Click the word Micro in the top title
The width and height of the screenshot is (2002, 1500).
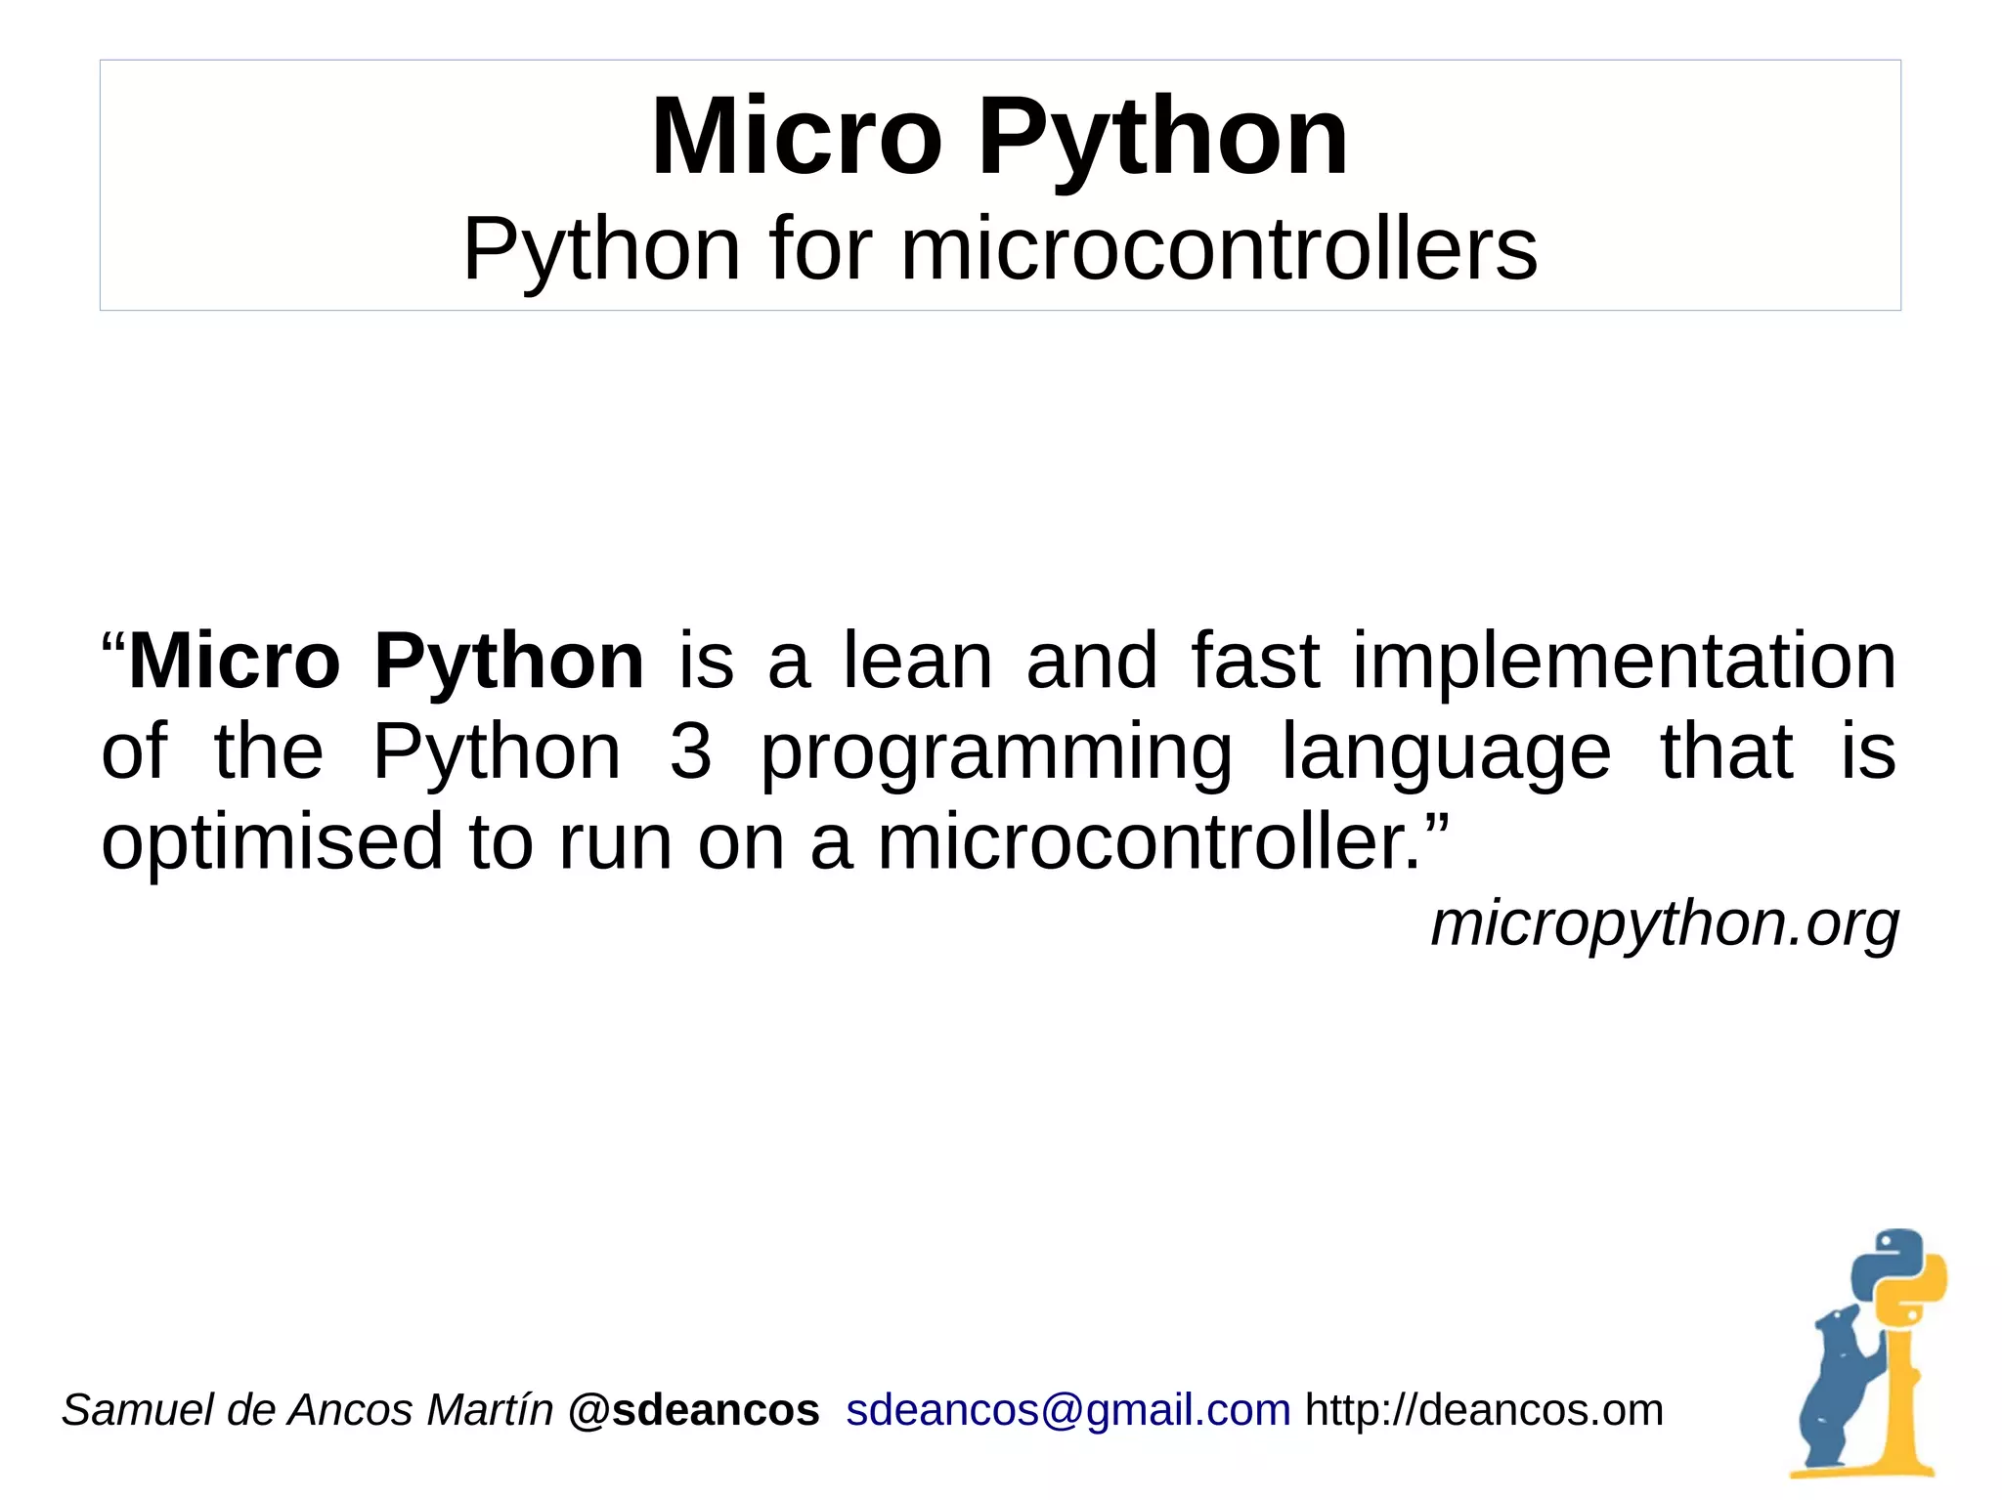[x=796, y=138]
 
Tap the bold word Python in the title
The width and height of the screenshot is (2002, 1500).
[x=1162, y=138]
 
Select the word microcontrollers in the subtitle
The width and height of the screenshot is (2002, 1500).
[x=1218, y=250]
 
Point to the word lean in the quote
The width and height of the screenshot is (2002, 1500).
[x=918, y=662]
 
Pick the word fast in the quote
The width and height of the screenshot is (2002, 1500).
[x=1255, y=662]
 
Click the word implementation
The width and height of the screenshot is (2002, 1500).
[x=1624, y=662]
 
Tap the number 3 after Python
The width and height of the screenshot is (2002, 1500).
[x=690, y=751]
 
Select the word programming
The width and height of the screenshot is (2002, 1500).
[x=996, y=753]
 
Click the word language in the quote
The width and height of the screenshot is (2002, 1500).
[x=1446, y=753]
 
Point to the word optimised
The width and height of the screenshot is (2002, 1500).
[x=273, y=842]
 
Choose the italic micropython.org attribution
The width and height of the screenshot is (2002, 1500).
[x=1664, y=923]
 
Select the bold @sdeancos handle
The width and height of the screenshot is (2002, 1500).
[x=693, y=1410]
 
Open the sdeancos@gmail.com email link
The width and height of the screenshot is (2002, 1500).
[x=1067, y=1410]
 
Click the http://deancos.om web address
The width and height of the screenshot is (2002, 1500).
[x=1484, y=1410]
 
